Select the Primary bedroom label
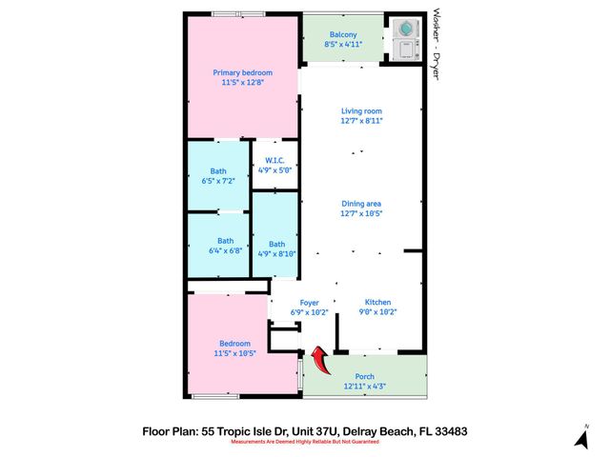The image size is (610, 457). (x=242, y=73)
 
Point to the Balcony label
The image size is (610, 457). (x=343, y=35)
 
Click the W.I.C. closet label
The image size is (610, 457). (x=274, y=160)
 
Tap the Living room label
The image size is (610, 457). (x=361, y=111)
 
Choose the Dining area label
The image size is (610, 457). (x=361, y=203)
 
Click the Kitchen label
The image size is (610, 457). (x=378, y=302)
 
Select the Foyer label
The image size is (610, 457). (x=309, y=303)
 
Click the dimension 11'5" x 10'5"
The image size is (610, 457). (x=235, y=353)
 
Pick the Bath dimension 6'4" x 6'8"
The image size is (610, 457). (x=225, y=250)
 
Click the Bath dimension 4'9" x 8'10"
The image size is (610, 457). (x=276, y=253)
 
